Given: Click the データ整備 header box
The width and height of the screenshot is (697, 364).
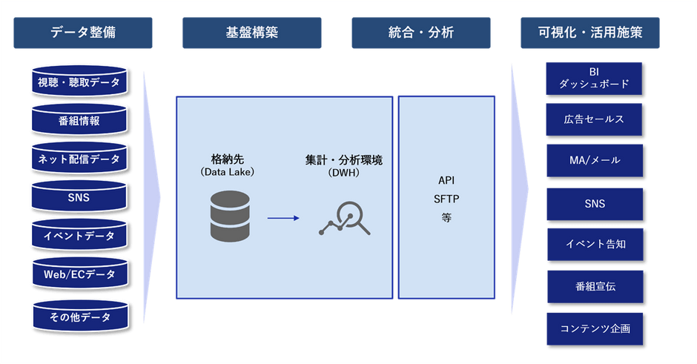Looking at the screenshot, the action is click(x=83, y=33).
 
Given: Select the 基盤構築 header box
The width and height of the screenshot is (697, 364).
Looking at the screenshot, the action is click(x=252, y=33).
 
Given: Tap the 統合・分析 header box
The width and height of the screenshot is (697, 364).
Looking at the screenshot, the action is click(x=421, y=33).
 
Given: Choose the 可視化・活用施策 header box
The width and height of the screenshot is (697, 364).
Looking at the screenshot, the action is click(x=590, y=33).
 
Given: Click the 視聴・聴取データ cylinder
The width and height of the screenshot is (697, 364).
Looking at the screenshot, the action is click(x=79, y=82).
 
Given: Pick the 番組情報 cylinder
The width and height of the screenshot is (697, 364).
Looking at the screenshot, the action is click(x=79, y=120).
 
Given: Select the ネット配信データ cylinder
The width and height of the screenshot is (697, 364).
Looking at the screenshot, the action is click(x=79, y=158).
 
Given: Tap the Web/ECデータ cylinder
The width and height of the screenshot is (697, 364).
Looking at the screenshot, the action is click(x=80, y=274).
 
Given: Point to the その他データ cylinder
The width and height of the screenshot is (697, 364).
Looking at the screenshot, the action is click(x=81, y=317).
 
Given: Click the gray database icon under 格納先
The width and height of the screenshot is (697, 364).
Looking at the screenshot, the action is click(x=230, y=216).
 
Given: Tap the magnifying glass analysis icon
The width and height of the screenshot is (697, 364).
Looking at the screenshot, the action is click(x=345, y=218).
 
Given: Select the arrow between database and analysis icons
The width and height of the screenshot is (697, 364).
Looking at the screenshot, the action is click(x=283, y=218).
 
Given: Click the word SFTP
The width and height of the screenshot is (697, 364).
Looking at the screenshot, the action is click(x=446, y=199).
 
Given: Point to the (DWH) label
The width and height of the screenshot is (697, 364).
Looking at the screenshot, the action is click(x=343, y=173).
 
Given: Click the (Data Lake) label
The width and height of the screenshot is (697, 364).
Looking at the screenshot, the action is click(x=227, y=172).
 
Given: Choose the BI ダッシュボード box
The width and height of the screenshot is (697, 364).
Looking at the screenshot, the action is click(x=594, y=79).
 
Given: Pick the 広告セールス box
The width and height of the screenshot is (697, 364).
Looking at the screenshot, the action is click(x=594, y=119).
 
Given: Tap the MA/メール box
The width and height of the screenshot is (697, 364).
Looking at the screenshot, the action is click(x=595, y=160).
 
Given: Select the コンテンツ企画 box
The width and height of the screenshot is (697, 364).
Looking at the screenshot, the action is click(x=595, y=329).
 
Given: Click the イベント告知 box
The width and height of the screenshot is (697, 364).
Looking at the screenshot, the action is click(x=595, y=245).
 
